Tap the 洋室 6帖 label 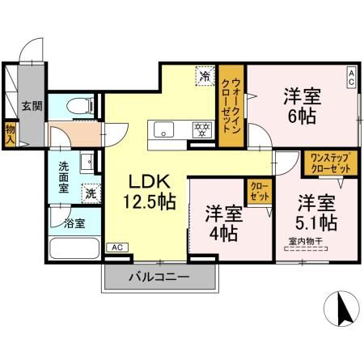tap(303, 105)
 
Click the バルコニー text tap(159, 277)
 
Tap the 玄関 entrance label tap(32, 105)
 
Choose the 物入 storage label tap(10, 132)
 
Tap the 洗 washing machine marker tap(92, 193)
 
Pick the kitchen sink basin tap(161, 129)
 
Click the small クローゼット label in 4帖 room tap(259, 192)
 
